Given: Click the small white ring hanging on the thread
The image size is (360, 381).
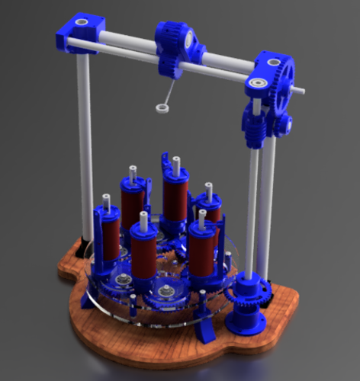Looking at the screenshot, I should [x=162, y=108].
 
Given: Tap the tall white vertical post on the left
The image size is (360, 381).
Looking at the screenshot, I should [x=85, y=145].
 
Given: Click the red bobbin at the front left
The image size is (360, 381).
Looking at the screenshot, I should [x=143, y=255].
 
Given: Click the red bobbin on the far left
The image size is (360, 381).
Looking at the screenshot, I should [x=108, y=236].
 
